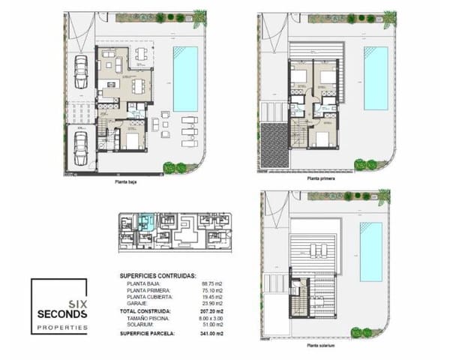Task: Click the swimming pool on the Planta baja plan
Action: pos(186,77)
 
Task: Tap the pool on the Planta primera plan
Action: pos(376,77)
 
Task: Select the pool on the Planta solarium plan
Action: pos(371,252)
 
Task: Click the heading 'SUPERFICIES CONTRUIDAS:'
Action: pos(158,276)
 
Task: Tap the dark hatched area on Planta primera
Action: pos(274,145)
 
